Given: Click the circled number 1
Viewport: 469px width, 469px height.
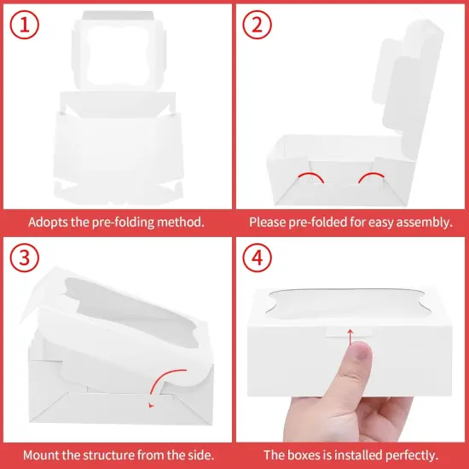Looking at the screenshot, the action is click(24, 25).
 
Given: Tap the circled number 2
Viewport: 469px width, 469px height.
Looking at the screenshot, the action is click(257, 25).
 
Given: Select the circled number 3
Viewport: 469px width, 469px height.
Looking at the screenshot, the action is click(24, 258).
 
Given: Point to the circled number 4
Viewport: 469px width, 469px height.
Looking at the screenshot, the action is click(257, 258).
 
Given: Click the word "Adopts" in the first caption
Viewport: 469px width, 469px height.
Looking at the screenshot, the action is click(48, 223).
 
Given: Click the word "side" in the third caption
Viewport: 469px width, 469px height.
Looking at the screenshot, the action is click(202, 455).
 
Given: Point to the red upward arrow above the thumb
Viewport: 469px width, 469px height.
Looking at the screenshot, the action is click(350, 337).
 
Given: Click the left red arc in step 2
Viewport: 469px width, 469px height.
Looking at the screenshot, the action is click(310, 177).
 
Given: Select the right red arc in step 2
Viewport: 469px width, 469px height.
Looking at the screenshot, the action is click(371, 177).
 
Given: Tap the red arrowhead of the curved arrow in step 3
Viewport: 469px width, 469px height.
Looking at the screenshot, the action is click(151, 405).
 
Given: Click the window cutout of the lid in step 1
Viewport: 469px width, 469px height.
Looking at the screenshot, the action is click(118, 55).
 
